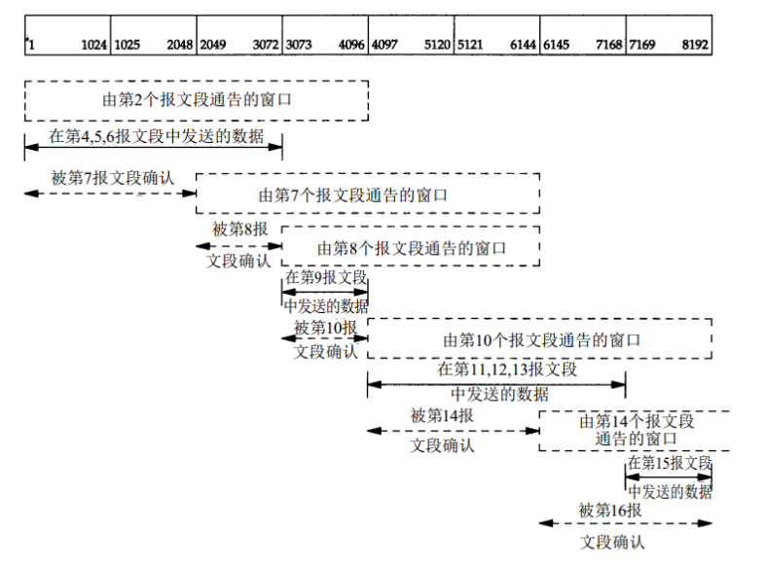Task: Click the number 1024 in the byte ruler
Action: pyautogui.click(x=92, y=45)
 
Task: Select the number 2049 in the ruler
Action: pyautogui.click(x=213, y=45)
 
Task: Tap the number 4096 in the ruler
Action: pyautogui.click(x=351, y=45)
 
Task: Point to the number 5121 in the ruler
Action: pyautogui.click(x=471, y=45)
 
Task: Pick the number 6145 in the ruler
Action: pyautogui.click(x=557, y=45)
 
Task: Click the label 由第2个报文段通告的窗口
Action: pyautogui.click(x=197, y=99)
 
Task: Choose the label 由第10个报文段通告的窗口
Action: pyautogui.click(x=542, y=339)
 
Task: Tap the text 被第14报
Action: pyautogui.click(x=443, y=415)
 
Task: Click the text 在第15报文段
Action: pyautogui.click(x=670, y=462)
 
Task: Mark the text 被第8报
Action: pyautogui.click(x=239, y=230)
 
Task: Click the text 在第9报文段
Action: pyautogui.click(x=325, y=278)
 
